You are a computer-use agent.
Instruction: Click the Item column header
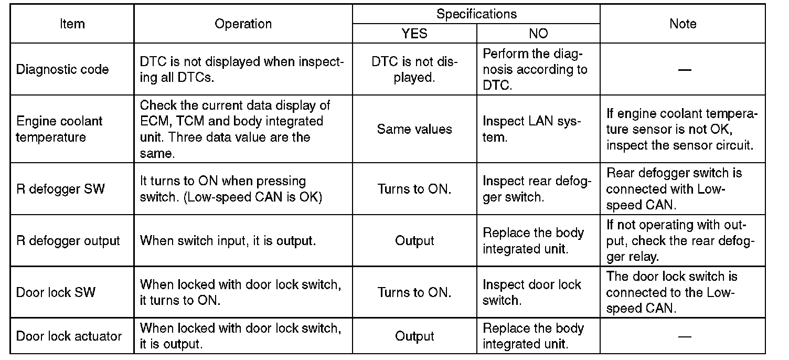(72, 24)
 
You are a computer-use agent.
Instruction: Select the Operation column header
(243, 24)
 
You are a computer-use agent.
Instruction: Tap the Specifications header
(476, 14)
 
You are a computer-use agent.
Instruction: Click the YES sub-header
(414, 34)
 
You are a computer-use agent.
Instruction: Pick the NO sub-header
(538, 34)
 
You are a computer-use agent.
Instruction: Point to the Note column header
(683, 24)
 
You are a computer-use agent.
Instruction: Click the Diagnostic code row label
(62, 70)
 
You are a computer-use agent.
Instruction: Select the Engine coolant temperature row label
(59, 129)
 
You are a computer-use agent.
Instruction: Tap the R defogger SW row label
(60, 189)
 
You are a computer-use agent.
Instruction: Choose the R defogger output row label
(68, 241)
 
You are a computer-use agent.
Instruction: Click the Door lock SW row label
(56, 292)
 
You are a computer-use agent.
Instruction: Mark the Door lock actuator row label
(69, 336)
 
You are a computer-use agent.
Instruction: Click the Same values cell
(414, 129)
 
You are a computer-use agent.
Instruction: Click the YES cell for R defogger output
(414, 241)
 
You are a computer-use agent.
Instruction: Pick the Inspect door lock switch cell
(532, 292)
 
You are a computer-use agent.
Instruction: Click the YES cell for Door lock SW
(414, 292)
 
